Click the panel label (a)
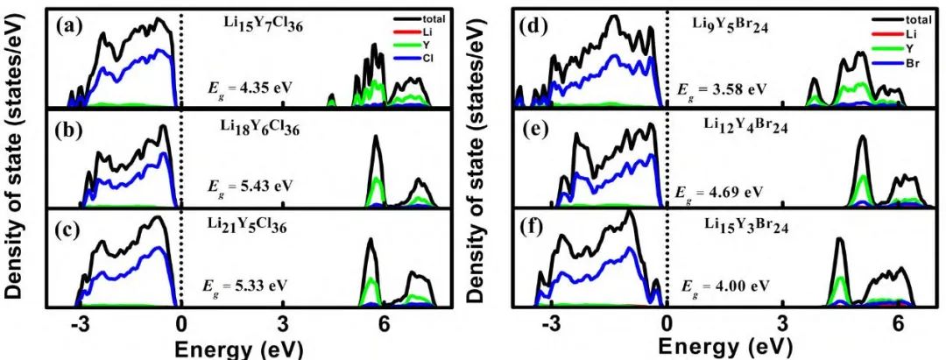click(69, 26)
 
